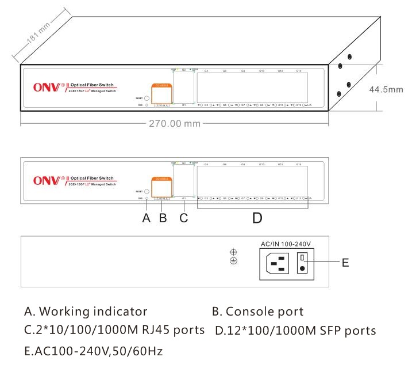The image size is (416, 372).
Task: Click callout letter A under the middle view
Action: (x=147, y=218)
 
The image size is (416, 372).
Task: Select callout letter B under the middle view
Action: (x=163, y=218)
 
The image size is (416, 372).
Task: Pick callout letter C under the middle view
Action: (x=184, y=218)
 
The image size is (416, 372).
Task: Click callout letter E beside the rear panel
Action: (x=345, y=263)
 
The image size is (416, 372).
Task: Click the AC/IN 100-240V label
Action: (x=286, y=243)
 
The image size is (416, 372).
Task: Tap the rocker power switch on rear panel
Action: (x=302, y=263)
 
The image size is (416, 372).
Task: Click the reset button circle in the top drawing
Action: (x=147, y=98)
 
